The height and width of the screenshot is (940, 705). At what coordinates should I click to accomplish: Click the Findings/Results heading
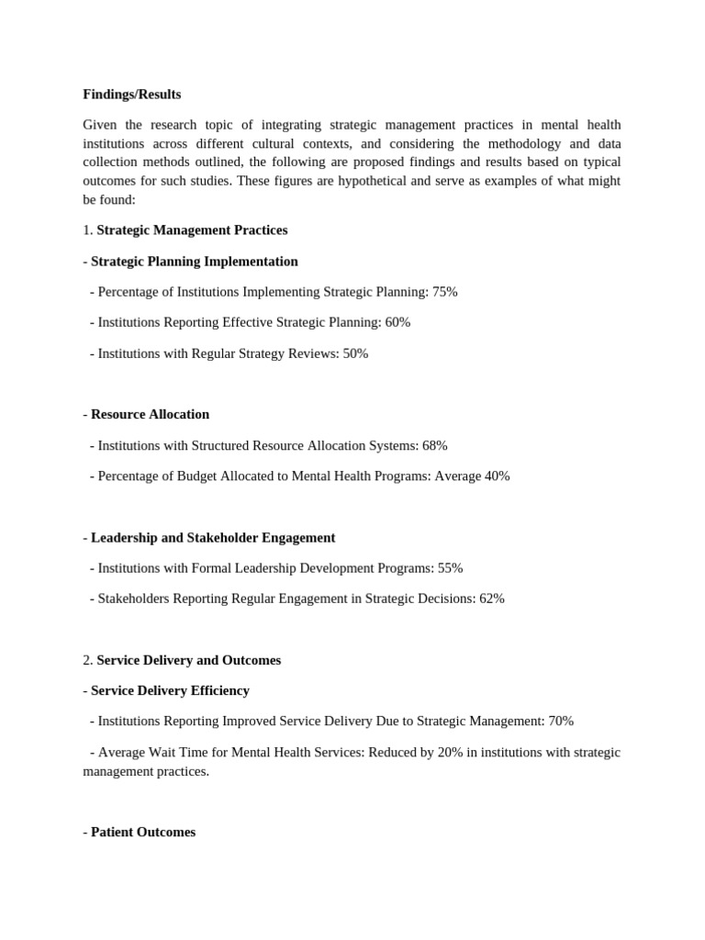pyautogui.click(x=131, y=95)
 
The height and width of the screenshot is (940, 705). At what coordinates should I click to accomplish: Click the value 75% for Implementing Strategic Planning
pyautogui.click(x=444, y=292)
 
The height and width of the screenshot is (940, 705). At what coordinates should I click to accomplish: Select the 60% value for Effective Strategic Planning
pyautogui.click(x=397, y=322)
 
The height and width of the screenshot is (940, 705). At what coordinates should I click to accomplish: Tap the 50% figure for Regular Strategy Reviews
pyautogui.click(x=355, y=353)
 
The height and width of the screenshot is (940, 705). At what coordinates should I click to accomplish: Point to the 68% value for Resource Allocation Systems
pyautogui.click(x=434, y=445)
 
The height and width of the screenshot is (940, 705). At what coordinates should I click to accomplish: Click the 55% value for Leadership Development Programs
pyautogui.click(x=450, y=568)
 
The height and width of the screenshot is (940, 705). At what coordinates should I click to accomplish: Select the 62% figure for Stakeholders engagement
pyautogui.click(x=491, y=599)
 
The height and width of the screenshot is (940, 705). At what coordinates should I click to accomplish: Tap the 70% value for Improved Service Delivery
pyautogui.click(x=561, y=722)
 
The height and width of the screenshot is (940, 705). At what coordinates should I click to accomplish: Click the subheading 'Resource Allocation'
pyautogui.click(x=150, y=414)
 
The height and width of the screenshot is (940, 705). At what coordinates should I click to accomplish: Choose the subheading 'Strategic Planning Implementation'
pyautogui.click(x=194, y=262)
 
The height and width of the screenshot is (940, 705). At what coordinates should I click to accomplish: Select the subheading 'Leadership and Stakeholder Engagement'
pyautogui.click(x=213, y=537)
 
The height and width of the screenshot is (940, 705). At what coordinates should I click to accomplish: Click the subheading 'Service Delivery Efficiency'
pyautogui.click(x=170, y=690)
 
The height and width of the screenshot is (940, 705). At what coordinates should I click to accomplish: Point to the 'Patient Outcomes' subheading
pyautogui.click(x=143, y=832)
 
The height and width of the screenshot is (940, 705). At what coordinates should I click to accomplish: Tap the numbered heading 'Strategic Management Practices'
pyautogui.click(x=192, y=230)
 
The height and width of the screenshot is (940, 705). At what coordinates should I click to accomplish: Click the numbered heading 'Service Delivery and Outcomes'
pyautogui.click(x=188, y=660)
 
